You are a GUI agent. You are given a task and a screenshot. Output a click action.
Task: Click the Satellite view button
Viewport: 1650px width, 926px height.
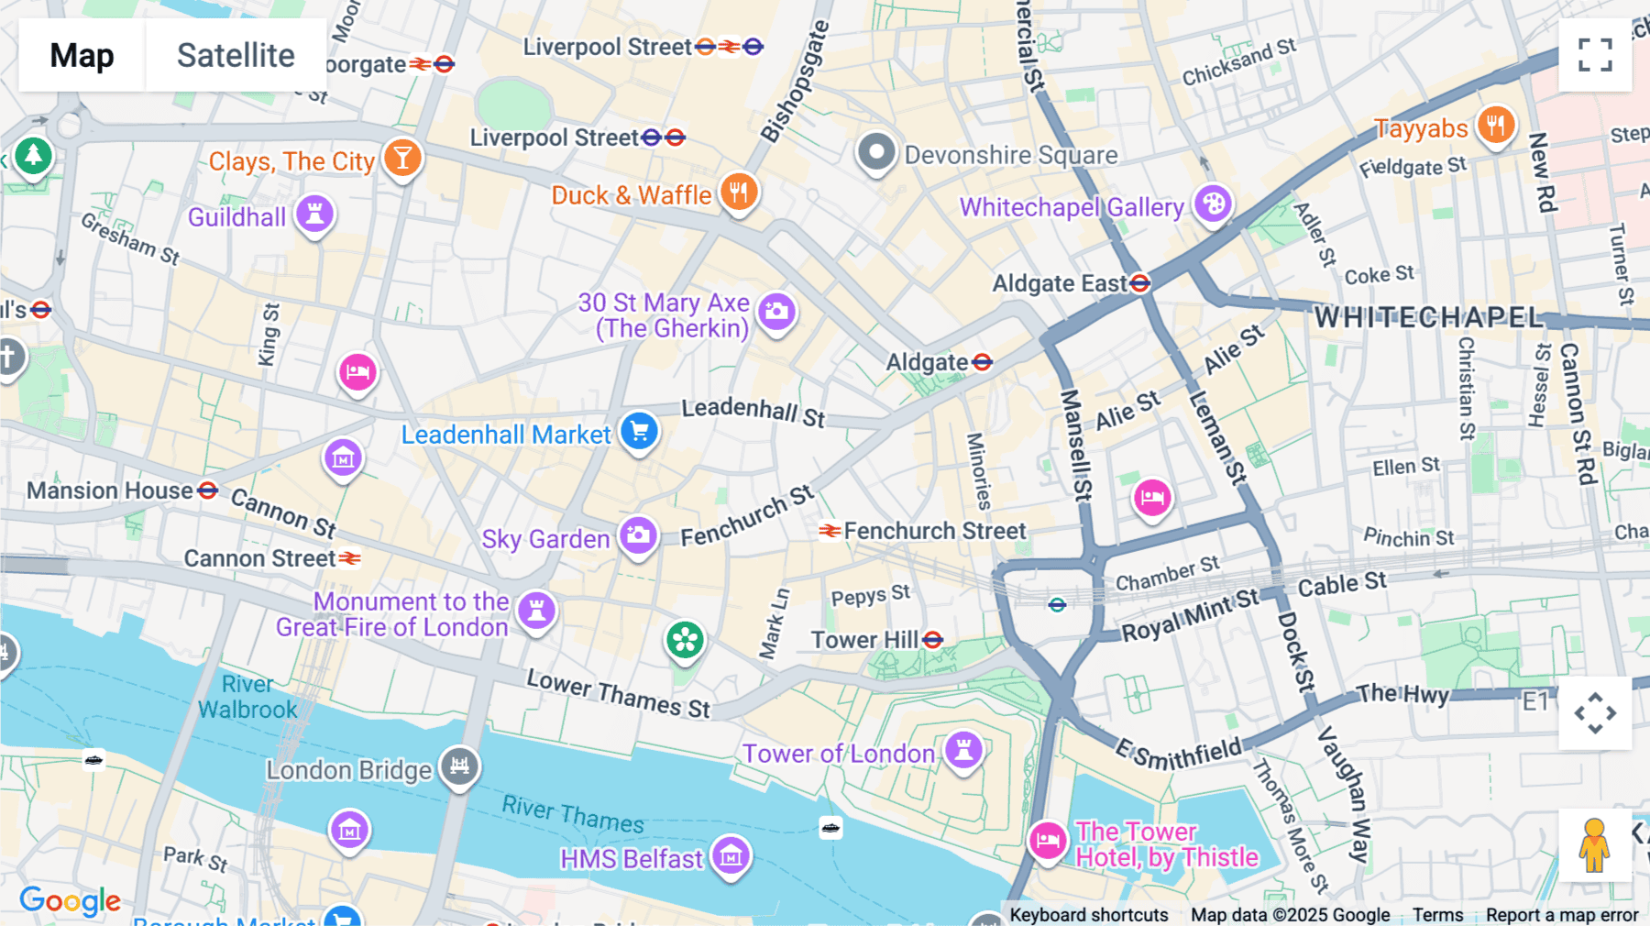[x=236, y=55]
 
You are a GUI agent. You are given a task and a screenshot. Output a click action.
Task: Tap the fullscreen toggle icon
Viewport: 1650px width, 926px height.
[x=1595, y=55]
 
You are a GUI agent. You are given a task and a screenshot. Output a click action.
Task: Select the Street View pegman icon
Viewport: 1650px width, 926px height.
[x=1594, y=844]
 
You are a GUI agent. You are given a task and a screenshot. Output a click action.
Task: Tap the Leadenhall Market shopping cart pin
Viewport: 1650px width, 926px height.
[x=639, y=431]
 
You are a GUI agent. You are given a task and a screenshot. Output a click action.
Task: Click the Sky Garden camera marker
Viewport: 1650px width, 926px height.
[x=638, y=535]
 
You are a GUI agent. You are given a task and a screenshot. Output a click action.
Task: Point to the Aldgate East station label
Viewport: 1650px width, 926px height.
[x=1060, y=283]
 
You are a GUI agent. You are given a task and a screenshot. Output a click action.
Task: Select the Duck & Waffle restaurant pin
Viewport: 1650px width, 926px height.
[x=738, y=193]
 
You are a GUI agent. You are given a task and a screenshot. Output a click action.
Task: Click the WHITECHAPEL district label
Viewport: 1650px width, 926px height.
[x=1428, y=317]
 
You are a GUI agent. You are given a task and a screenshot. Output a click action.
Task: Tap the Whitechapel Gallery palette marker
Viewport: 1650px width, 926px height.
[x=1214, y=204]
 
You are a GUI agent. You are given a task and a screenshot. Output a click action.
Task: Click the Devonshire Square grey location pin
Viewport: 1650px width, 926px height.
[x=875, y=152]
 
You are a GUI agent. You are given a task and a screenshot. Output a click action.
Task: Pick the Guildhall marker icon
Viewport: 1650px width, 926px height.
[x=314, y=215]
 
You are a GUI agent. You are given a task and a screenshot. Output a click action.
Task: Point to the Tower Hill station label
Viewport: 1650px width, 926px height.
[x=864, y=640]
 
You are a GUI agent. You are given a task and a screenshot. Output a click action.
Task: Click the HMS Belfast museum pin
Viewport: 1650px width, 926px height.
[x=731, y=856]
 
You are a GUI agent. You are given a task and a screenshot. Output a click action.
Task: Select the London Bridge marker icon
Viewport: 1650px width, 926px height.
[x=459, y=766]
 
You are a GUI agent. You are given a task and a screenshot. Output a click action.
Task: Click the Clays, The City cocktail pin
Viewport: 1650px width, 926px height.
[x=401, y=158]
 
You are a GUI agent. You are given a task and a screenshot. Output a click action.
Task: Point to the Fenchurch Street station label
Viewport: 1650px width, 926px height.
[x=933, y=531]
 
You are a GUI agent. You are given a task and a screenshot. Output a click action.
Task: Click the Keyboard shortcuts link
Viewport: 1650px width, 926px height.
[x=1088, y=914]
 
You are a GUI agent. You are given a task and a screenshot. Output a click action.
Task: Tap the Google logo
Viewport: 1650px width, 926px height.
[x=70, y=901]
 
